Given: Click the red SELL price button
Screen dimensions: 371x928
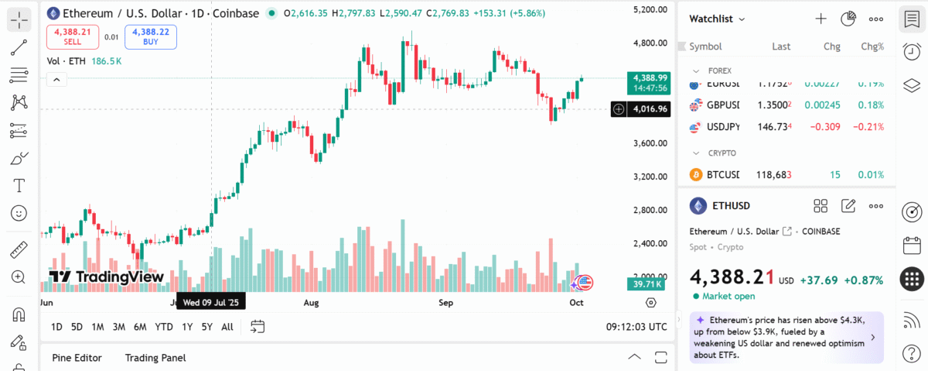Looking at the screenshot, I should coord(72,36).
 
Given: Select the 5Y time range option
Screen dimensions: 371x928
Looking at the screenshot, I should coord(206,327).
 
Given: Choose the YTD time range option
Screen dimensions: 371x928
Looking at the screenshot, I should coord(164,327).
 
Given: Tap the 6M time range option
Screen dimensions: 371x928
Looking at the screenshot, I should coord(140,327).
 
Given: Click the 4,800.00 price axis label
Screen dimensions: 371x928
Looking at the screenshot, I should coord(650,43).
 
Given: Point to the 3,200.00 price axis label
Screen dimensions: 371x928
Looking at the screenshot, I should coord(650,177).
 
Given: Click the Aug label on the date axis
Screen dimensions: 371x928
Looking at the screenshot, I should coord(312,302).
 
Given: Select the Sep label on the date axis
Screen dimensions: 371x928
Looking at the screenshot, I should coord(445,302).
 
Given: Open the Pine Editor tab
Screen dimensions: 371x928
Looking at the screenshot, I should coord(77,358).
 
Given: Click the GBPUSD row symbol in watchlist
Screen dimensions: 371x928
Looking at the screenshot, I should coord(722,105).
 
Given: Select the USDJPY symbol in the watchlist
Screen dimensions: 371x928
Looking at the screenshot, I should coord(722,126).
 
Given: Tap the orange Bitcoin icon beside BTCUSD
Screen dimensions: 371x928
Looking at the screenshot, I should coord(695,175).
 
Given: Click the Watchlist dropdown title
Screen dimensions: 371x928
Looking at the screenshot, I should coord(717,19).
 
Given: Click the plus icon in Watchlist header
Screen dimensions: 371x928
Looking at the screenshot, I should coord(821,19).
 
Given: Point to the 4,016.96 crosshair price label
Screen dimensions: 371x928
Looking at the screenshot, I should coord(650,109).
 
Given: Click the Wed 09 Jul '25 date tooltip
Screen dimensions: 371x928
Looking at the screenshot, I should coord(211,302).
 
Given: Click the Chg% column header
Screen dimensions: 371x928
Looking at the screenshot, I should coord(872,46).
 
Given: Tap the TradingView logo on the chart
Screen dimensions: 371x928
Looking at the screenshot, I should coord(106,277).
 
